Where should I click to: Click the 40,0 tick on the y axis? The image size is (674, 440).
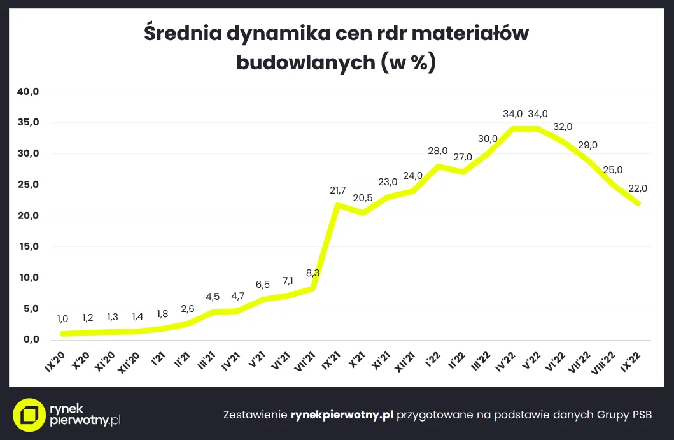[x=29, y=92]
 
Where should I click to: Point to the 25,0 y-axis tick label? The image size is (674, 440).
[x=29, y=185]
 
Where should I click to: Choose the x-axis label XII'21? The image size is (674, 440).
[x=405, y=365]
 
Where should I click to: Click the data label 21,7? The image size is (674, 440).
[x=338, y=190]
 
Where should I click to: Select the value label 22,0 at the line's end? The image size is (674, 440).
[x=638, y=188]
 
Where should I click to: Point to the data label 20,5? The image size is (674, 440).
[x=362, y=197]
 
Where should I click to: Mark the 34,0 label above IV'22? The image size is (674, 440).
[x=512, y=114]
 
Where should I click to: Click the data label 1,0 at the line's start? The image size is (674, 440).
[x=62, y=319]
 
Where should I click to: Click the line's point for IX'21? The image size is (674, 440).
[x=337, y=205]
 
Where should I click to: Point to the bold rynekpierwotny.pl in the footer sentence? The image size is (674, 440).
[x=342, y=415]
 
